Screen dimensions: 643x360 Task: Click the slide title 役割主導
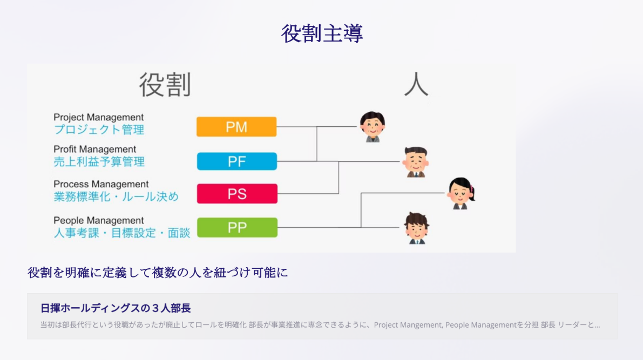[322, 33]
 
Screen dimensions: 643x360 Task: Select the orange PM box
[236, 127]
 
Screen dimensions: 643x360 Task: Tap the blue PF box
[237, 161]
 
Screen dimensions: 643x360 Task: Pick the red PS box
[237, 194]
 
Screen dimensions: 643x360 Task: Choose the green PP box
[237, 228]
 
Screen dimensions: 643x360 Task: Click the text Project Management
[98, 118]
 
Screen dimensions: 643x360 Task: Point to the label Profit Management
[94, 150]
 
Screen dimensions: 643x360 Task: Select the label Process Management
[101, 184]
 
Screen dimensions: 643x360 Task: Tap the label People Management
[98, 221]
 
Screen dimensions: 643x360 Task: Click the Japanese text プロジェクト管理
[99, 130]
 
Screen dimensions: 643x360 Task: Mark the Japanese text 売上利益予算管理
[99, 162]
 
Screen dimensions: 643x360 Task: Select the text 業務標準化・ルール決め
[116, 197]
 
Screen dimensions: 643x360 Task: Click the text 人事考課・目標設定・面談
[122, 233]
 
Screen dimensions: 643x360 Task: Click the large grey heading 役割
[165, 85]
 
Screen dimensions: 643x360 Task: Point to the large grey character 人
[416, 84]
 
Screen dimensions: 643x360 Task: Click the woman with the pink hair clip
[461, 193]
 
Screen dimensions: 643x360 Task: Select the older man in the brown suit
[416, 162]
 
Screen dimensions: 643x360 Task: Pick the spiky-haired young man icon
[417, 228]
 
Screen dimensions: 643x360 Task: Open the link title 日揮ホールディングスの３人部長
[116, 308]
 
